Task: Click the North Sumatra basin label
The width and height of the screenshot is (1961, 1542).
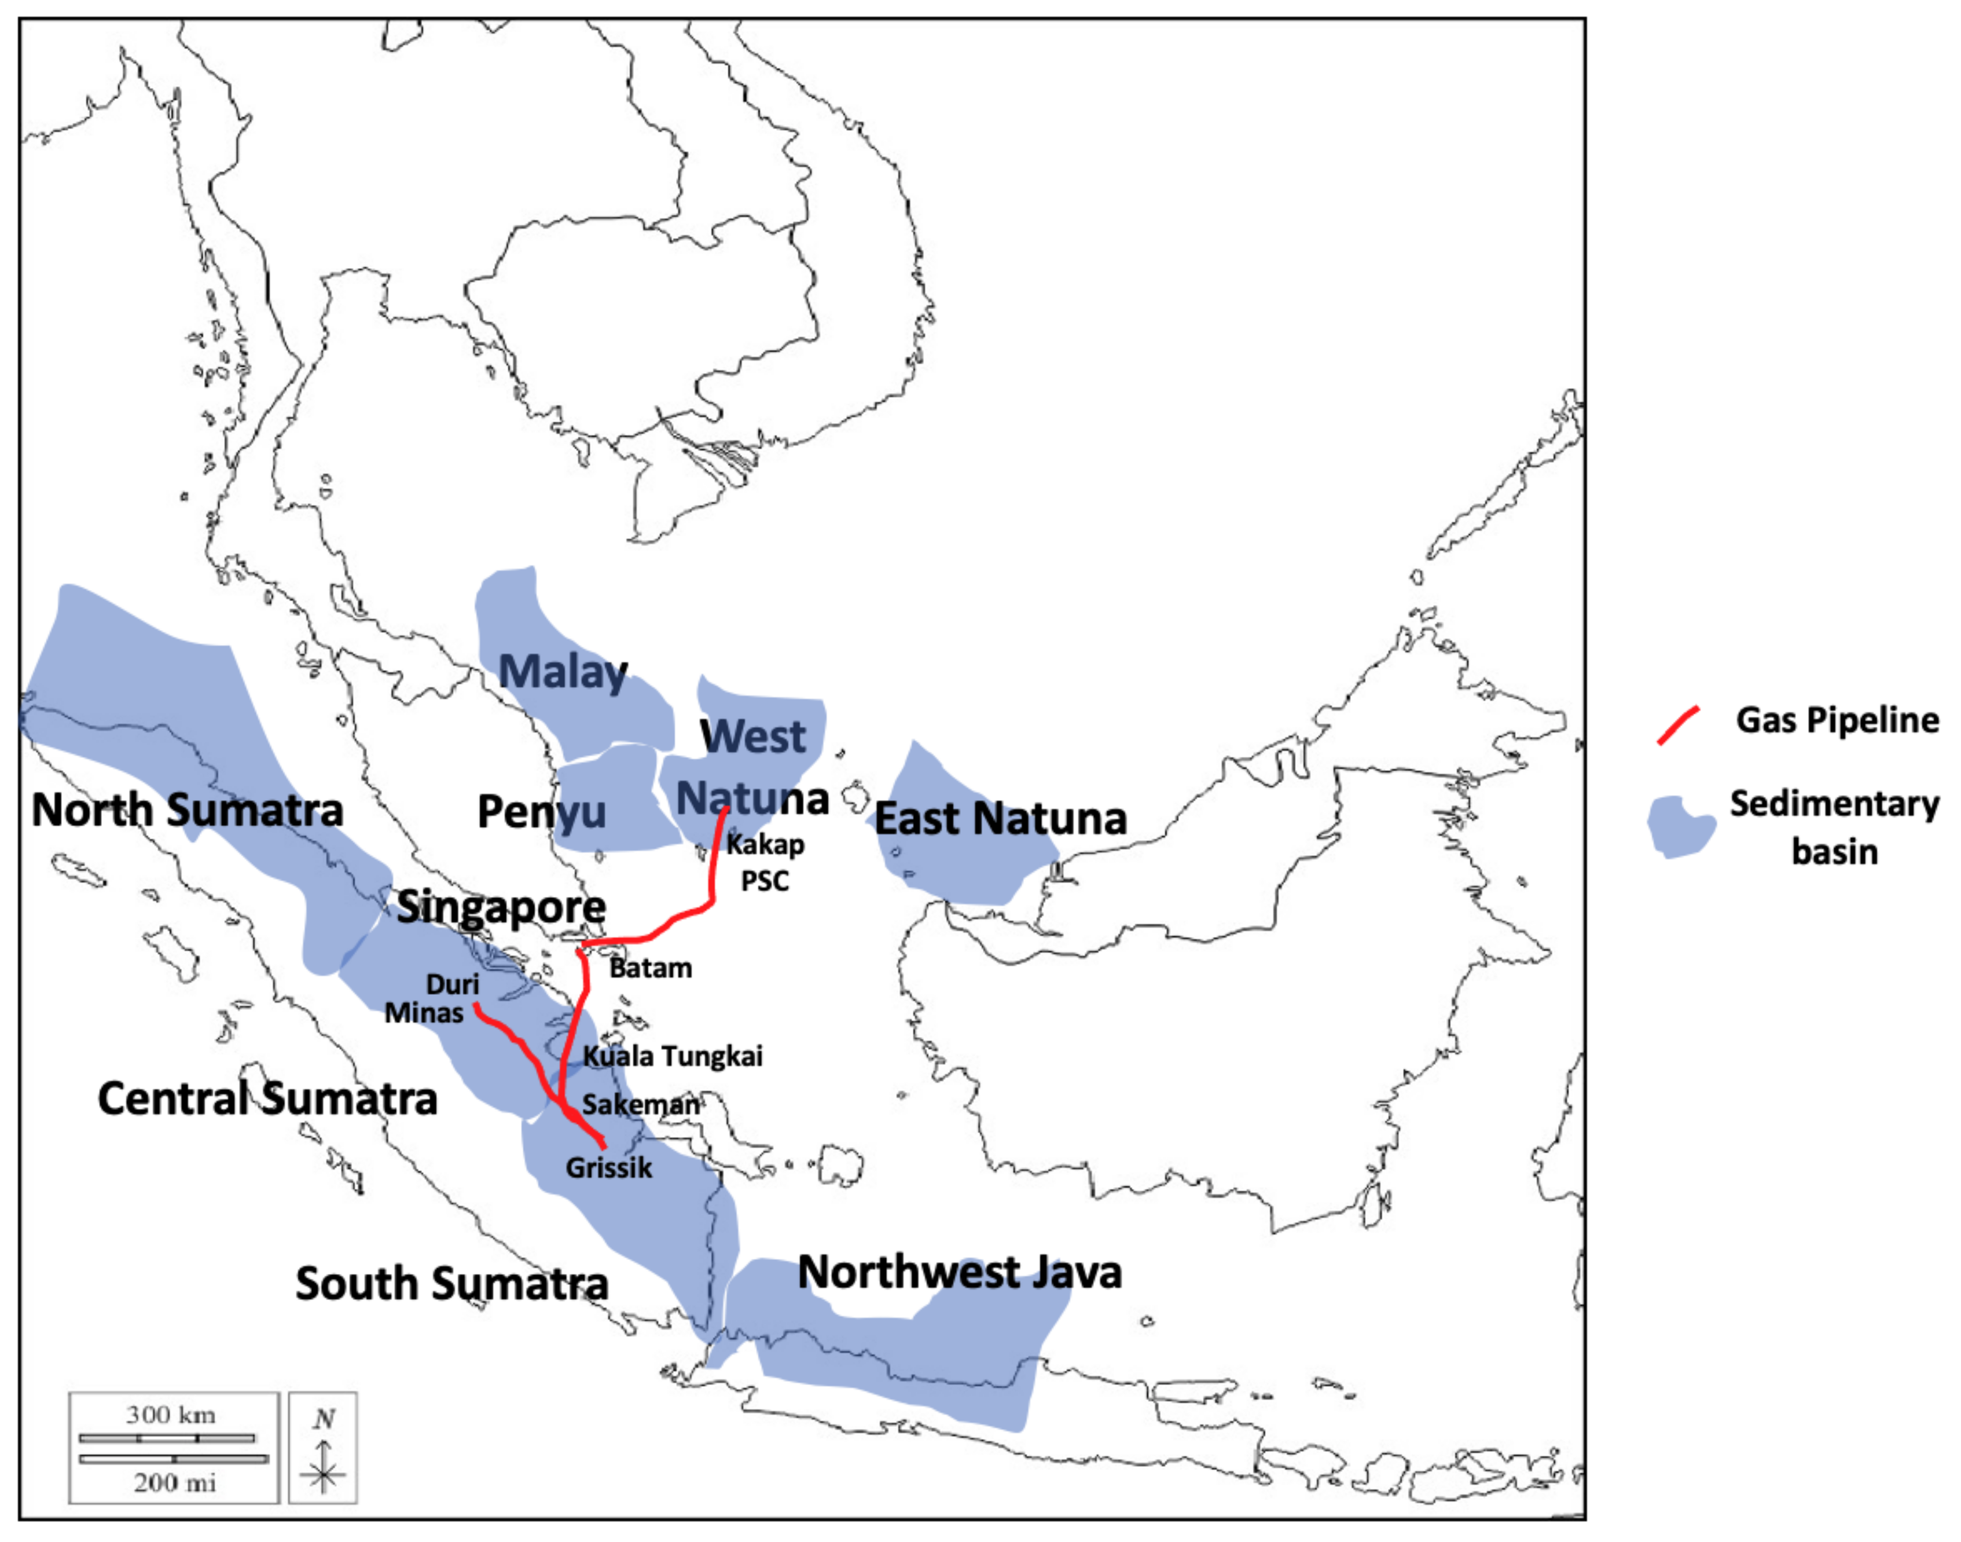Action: click(x=188, y=810)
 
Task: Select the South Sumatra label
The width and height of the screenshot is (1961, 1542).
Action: click(x=451, y=1284)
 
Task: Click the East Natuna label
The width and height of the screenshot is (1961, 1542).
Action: click(x=1000, y=819)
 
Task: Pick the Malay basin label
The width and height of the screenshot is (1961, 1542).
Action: click(x=563, y=672)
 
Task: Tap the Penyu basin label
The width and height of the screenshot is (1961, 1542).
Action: click(x=541, y=811)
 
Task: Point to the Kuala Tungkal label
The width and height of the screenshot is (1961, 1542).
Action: click(x=673, y=1056)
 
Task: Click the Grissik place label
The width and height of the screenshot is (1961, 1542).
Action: click(x=608, y=1167)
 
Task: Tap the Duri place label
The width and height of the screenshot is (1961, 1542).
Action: click(x=452, y=984)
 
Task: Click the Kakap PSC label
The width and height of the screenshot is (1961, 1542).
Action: click(x=765, y=862)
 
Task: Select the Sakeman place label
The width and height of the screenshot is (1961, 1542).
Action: click(x=639, y=1104)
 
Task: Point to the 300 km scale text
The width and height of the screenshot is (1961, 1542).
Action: click(x=171, y=1415)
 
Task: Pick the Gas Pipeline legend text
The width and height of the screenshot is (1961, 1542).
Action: click(x=1837, y=720)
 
